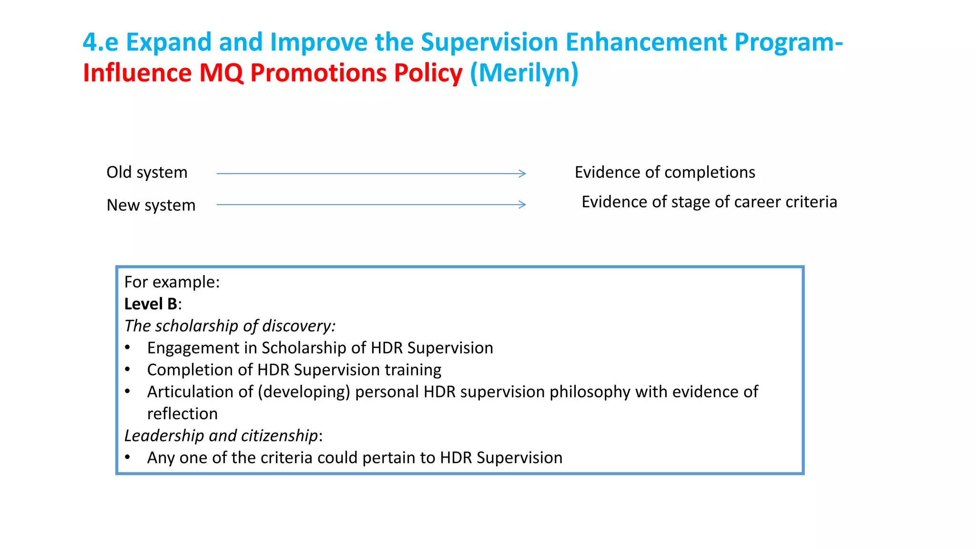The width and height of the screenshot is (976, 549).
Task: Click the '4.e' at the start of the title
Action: [100, 42]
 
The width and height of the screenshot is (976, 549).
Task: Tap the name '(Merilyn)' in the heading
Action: [524, 73]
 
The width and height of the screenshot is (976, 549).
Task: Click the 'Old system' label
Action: [147, 173]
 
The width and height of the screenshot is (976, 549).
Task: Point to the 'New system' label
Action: [151, 205]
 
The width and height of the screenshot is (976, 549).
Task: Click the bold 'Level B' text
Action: [151, 304]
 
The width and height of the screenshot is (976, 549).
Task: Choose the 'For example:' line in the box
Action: [172, 282]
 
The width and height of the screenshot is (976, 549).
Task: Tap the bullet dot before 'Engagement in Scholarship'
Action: [128, 347]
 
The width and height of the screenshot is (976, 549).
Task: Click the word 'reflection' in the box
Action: [182, 414]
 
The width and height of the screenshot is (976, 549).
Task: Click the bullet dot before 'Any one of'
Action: [128, 457]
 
